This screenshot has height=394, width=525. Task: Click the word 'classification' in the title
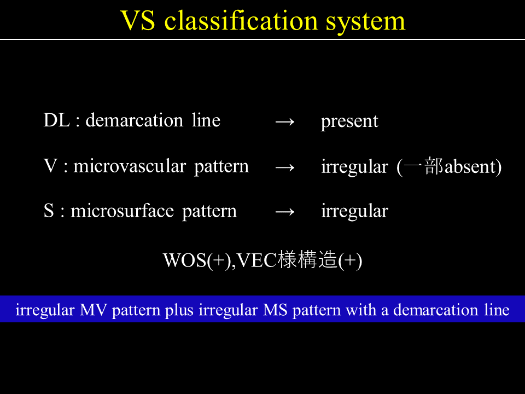(x=241, y=21)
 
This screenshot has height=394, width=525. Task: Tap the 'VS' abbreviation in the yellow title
(x=138, y=21)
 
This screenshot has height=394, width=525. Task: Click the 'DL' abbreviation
(x=57, y=120)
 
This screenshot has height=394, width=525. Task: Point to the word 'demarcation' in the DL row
(x=135, y=120)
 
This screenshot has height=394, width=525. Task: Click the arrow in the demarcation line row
(x=284, y=121)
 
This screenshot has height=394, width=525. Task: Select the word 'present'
(x=349, y=122)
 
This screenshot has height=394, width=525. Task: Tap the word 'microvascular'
(x=130, y=166)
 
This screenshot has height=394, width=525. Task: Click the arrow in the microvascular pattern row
(x=284, y=167)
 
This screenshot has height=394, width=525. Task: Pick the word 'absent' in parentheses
(x=470, y=166)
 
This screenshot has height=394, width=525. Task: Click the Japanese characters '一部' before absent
(x=423, y=166)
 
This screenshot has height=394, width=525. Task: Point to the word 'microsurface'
(x=122, y=211)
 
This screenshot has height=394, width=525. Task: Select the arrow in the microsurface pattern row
(x=284, y=212)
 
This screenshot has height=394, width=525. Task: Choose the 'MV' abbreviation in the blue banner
(x=94, y=310)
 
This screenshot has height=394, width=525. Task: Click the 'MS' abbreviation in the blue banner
(x=275, y=310)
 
